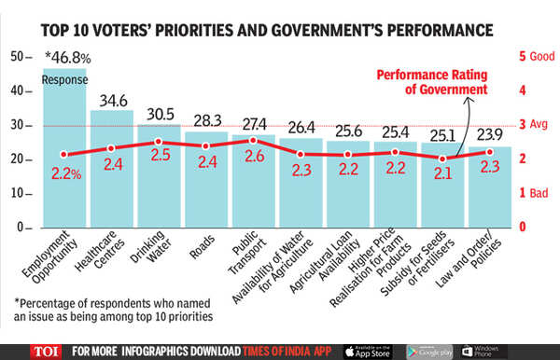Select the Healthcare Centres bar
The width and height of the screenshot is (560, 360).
(x=111, y=177)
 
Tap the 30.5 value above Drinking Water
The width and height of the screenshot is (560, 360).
(x=161, y=114)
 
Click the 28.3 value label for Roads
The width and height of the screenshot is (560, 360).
(x=206, y=121)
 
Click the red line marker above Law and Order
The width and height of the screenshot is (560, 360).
(x=489, y=152)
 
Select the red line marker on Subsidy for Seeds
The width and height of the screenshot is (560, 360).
(x=442, y=159)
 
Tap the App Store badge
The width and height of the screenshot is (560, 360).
(x=366, y=351)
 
